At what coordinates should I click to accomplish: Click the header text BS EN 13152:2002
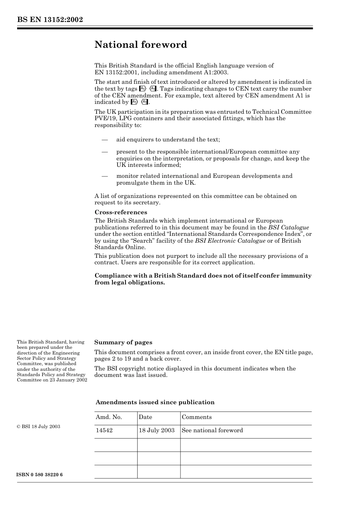click(50, 20)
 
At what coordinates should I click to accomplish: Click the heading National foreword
click(141, 45)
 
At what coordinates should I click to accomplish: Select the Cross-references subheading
click(121, 212)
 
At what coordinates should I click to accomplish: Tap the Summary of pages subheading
click(123, 342)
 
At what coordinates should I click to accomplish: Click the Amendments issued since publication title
click(155, 402)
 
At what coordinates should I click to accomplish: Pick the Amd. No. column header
click(109, 417)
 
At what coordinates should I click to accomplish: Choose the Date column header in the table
click(145, 417)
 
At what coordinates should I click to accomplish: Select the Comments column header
click(196, 417)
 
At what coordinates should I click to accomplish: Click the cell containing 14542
click(104, 430)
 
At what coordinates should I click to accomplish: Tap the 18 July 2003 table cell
click(157, 430)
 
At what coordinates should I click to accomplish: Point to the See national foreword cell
click(212, 430)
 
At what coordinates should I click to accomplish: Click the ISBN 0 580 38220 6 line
click(40, 475)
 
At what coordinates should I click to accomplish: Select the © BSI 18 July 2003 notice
click(38, 427)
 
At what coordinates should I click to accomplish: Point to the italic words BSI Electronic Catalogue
click(230, 241)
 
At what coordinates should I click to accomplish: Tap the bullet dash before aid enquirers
click(105, 140)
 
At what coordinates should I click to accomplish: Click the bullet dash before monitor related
click(105, 176)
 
